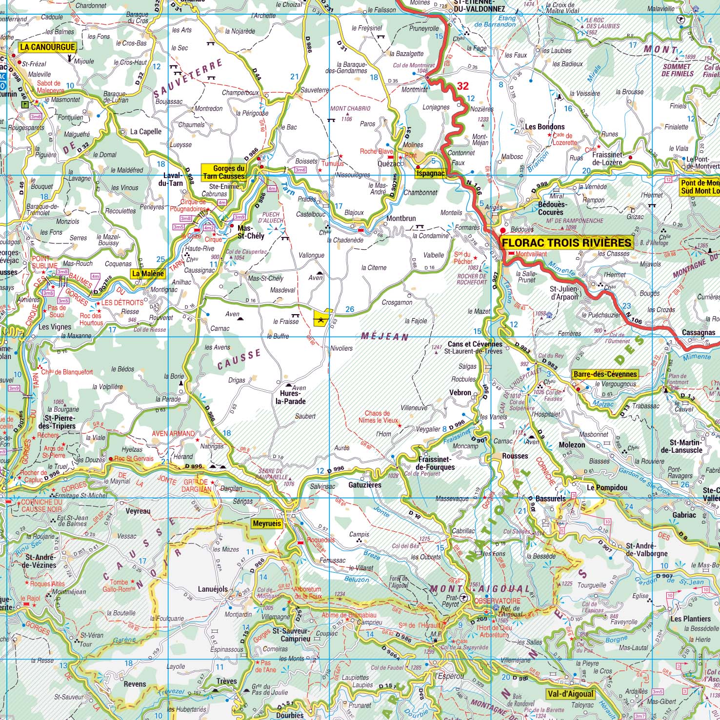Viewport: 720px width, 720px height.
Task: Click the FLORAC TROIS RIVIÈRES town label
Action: [566, 242]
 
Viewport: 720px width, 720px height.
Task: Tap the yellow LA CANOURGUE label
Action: [47, 47]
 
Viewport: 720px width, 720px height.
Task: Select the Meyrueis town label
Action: [267, 523]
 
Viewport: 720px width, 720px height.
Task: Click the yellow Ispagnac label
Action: [430, 173]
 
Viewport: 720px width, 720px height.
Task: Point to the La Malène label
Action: [148, 274]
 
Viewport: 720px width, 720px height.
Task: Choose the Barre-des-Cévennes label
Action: [605, 374]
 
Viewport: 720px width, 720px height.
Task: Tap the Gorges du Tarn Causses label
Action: [224, 172]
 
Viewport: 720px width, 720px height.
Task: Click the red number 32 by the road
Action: [462, 86]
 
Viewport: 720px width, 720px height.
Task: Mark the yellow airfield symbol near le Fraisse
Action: [321, 318]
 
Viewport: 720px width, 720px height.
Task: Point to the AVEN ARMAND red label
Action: [173, 433]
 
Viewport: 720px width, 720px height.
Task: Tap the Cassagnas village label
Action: [699, 332]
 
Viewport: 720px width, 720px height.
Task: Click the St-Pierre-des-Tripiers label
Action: [60, 422]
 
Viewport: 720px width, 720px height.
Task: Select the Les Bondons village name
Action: [545, 127]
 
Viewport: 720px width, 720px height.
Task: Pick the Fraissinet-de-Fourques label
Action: [436, 463]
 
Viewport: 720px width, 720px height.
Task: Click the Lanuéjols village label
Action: [213, 589]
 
